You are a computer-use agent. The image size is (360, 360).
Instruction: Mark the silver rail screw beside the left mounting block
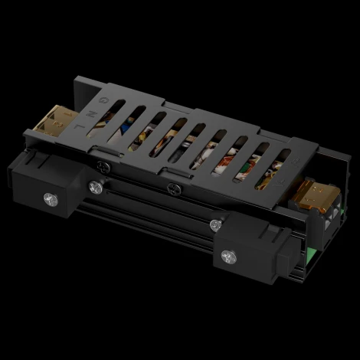95,186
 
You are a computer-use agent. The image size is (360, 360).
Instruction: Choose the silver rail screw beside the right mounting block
215,224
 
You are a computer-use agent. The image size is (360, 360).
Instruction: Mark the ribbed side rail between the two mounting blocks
153,218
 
